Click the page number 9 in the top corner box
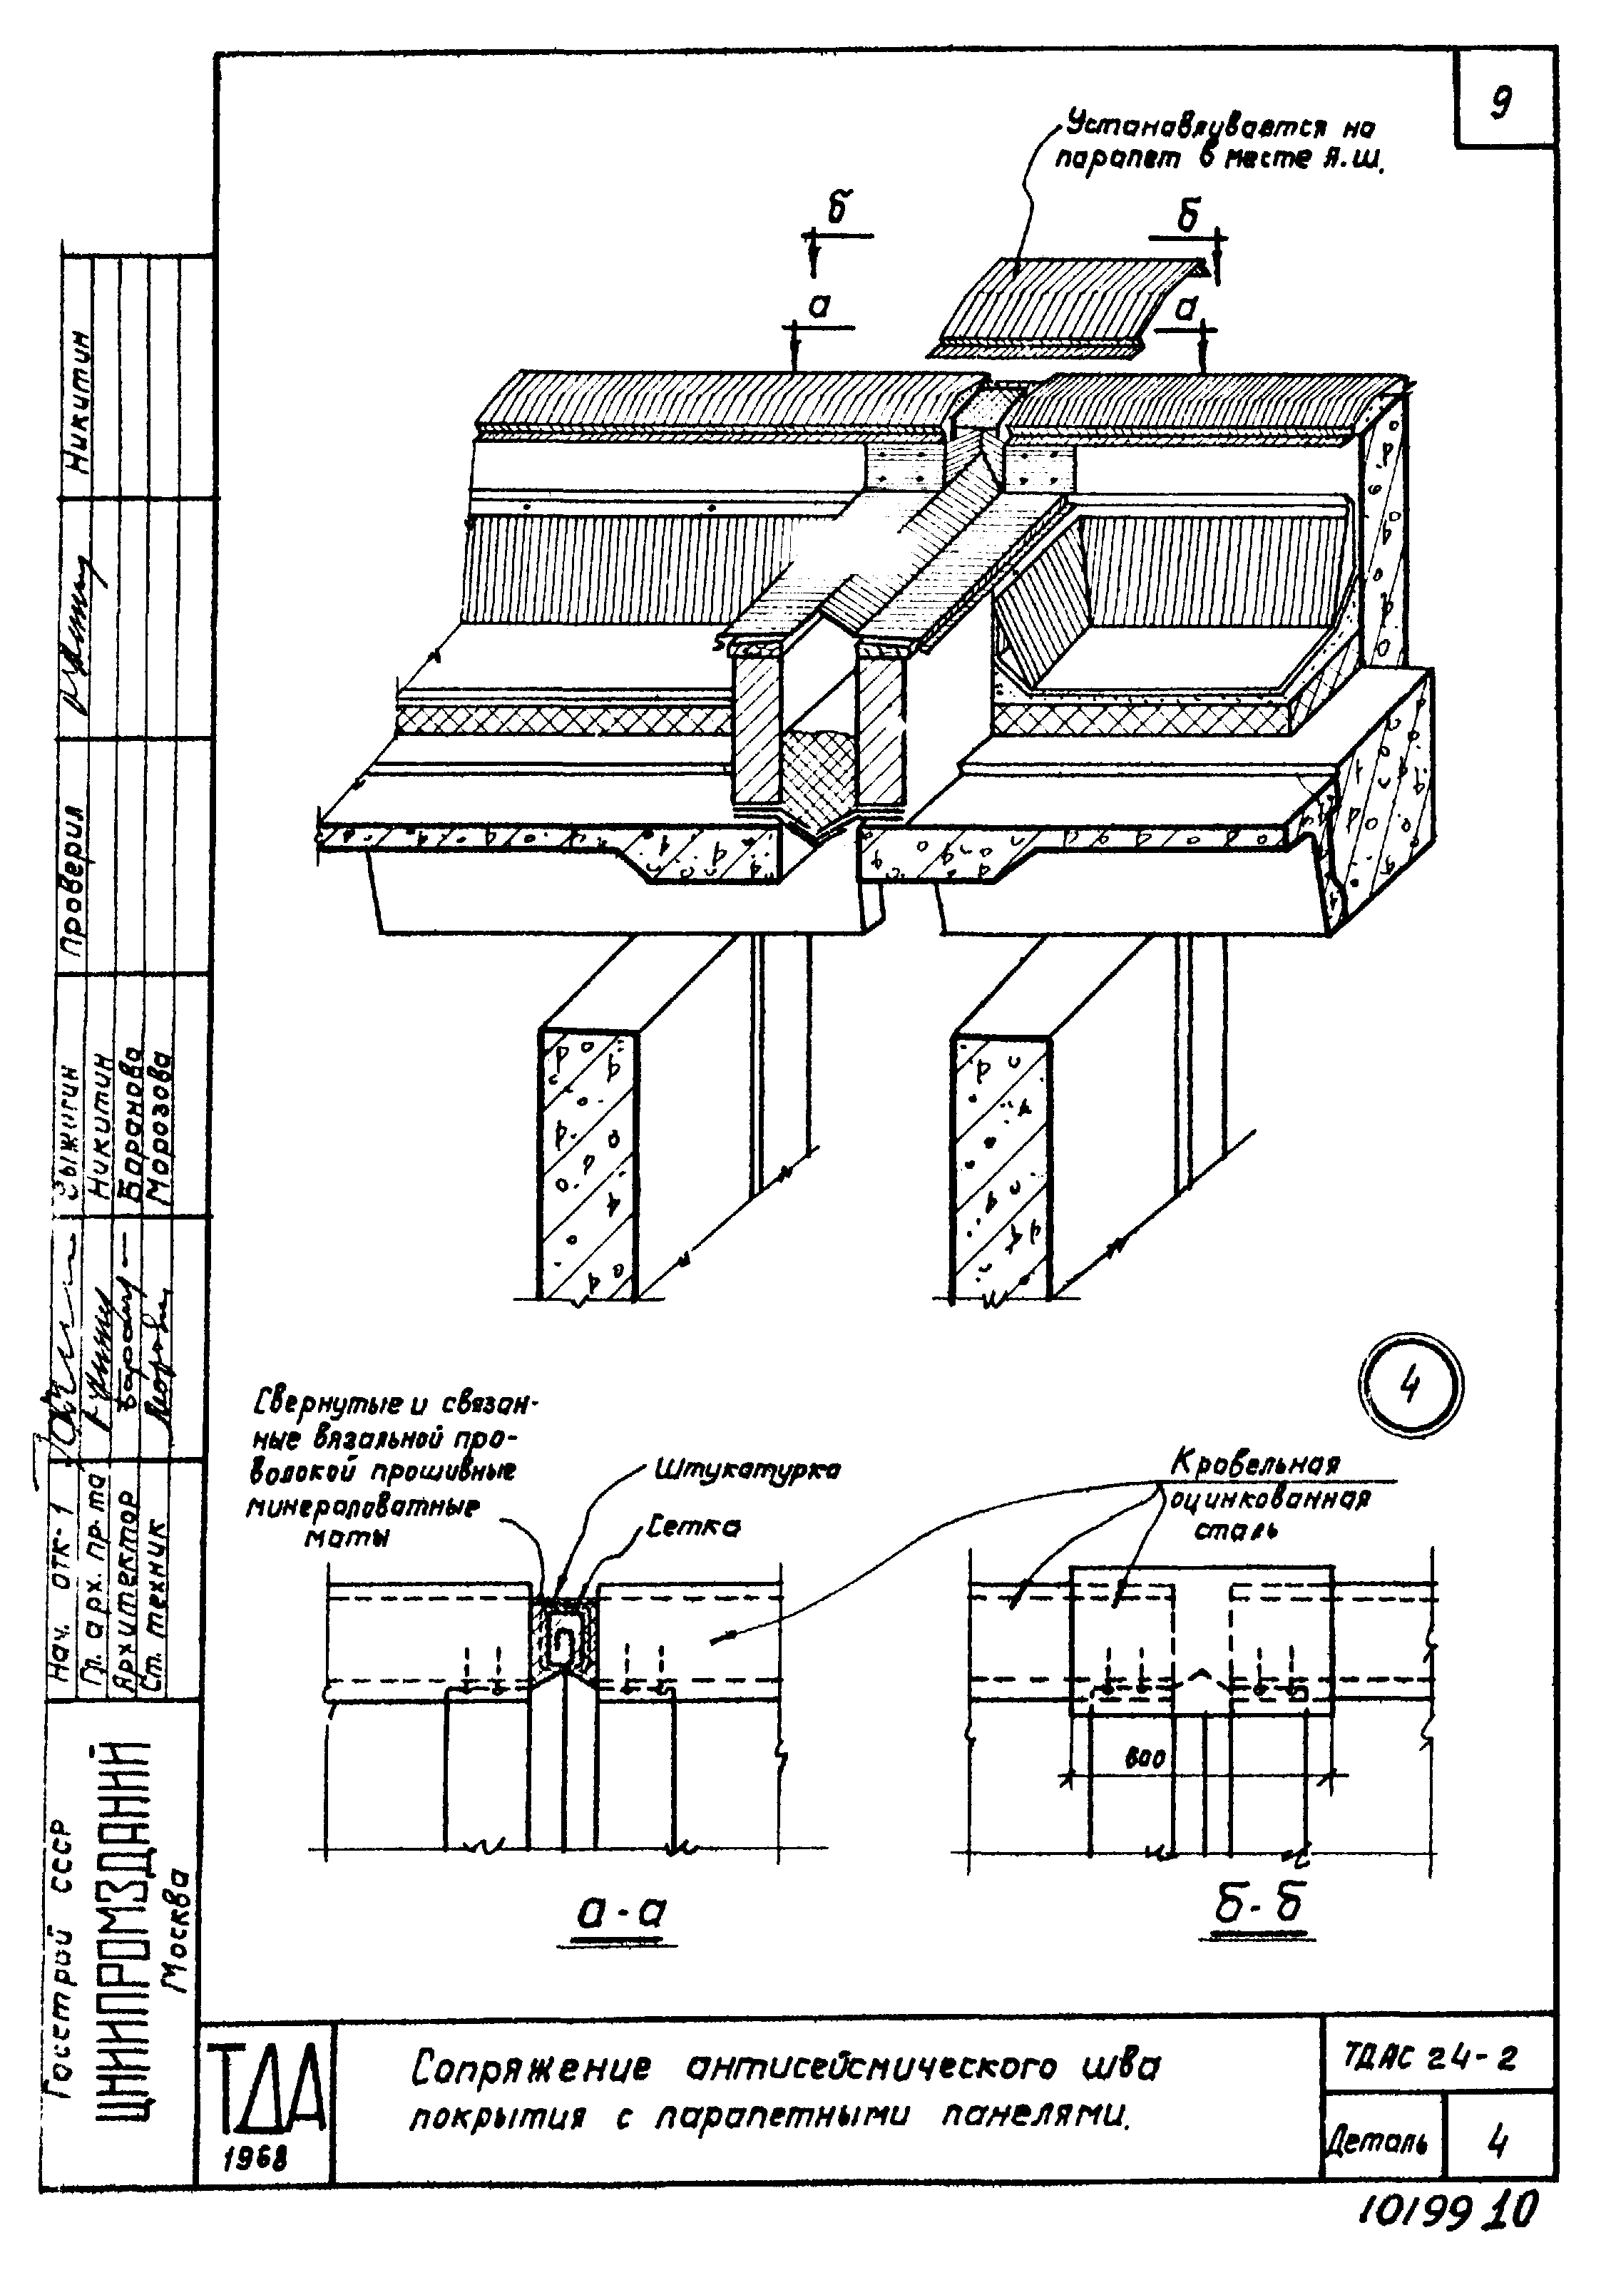point(1502,101)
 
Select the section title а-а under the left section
point(621,1911)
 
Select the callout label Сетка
point(692,1527)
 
